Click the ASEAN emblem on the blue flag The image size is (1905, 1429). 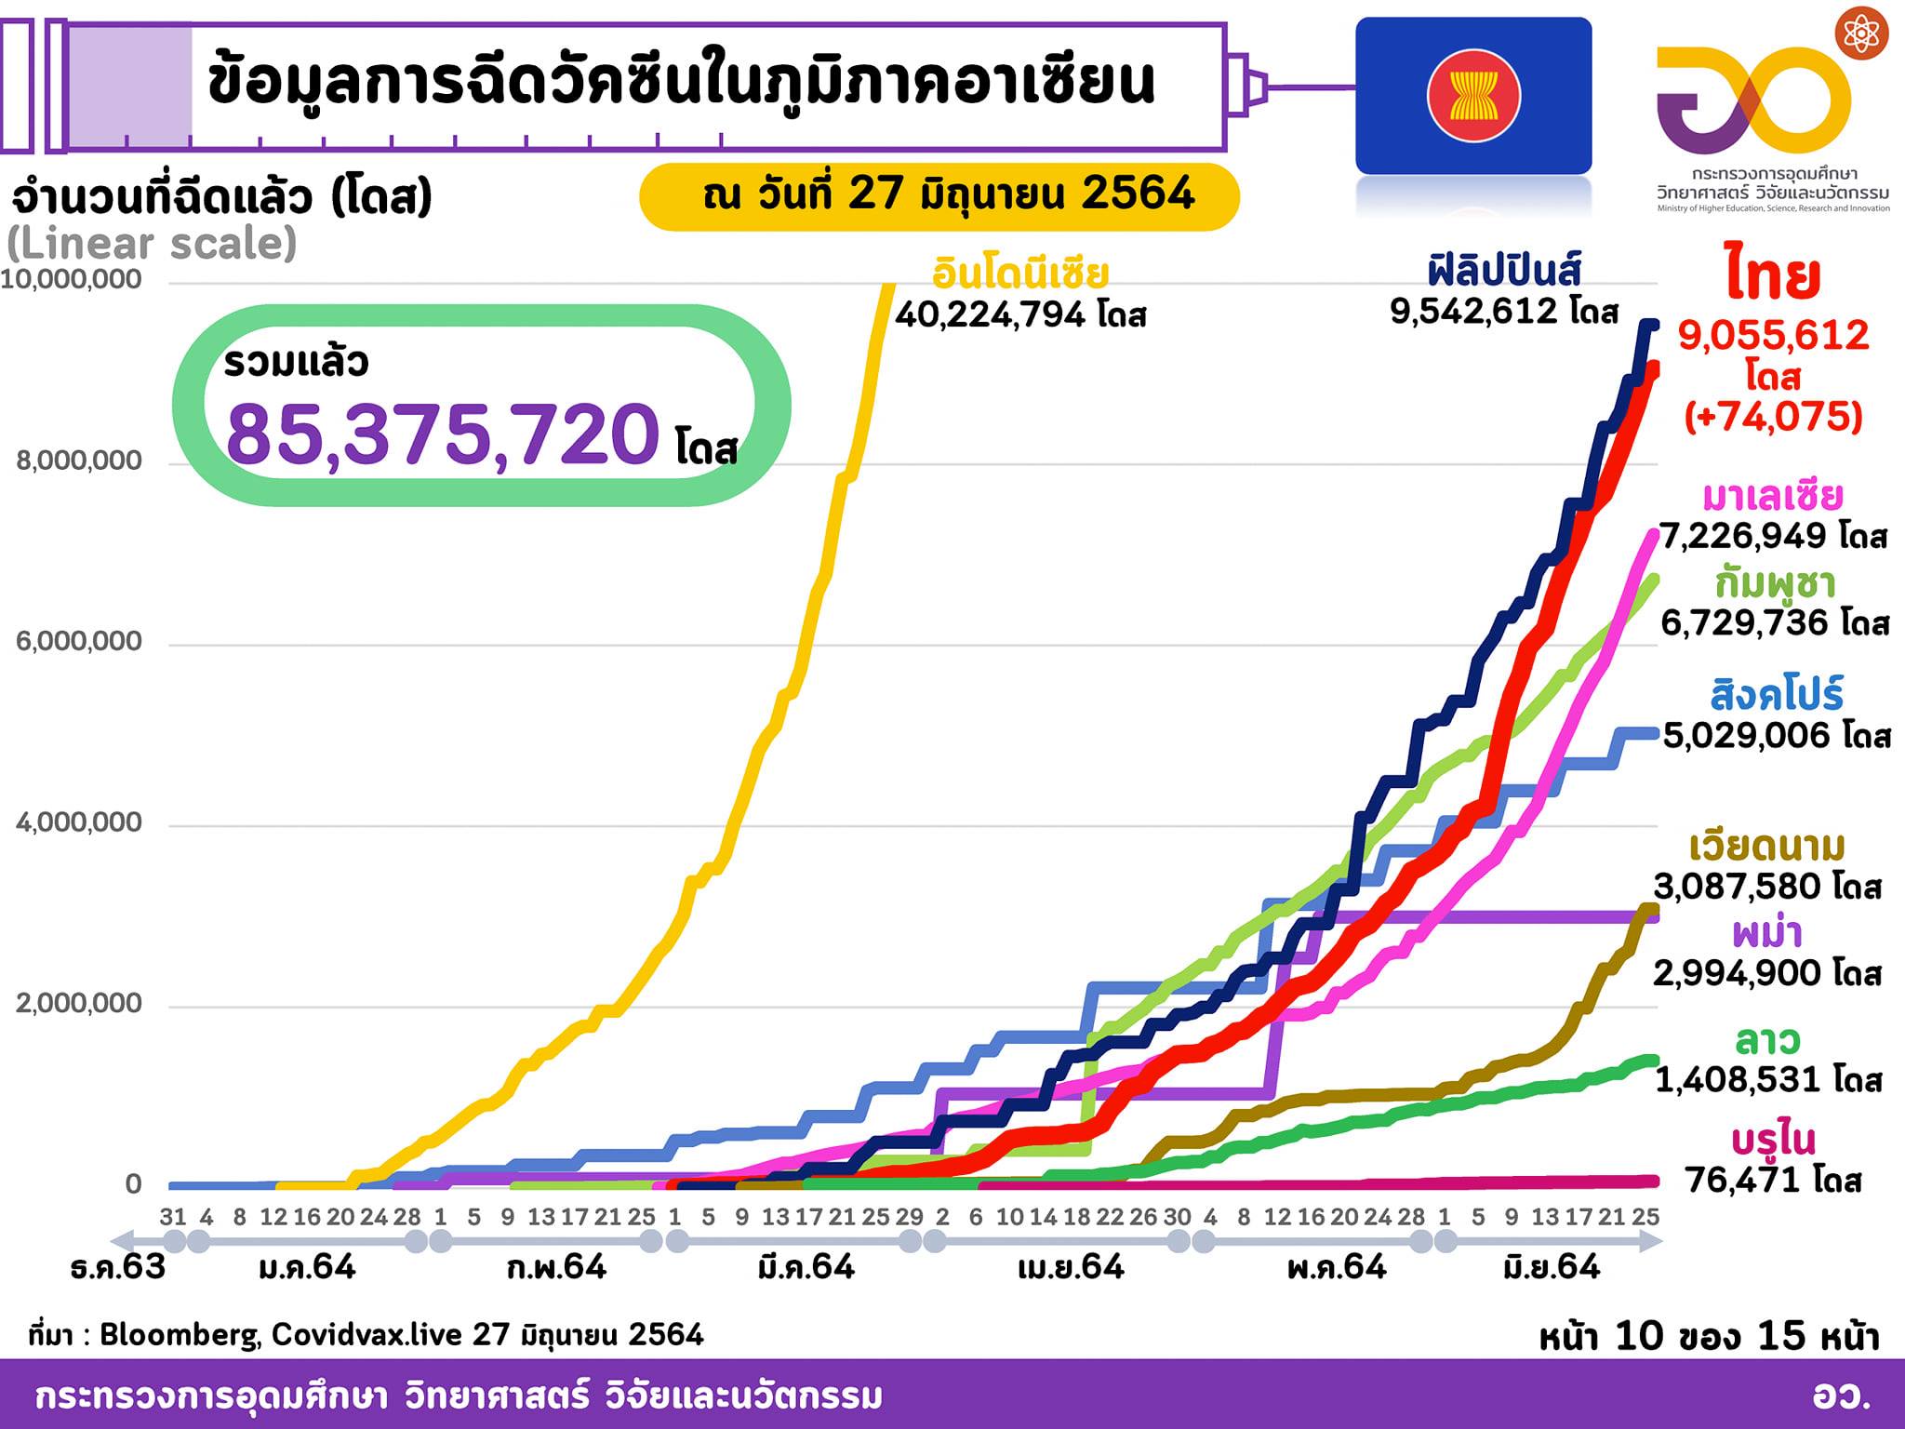tap(1473, 96)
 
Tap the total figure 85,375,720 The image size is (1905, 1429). tap(443, 434)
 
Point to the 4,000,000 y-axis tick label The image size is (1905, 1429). tap(79, 822)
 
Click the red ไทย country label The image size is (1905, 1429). tap(1772, 275)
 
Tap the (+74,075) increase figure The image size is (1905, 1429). tap(1773, 416)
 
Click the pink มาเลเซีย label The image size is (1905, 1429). tap(1772, 497)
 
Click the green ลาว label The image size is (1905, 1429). tap(1767, 1039)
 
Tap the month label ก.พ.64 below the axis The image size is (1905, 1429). tap(556, 1267)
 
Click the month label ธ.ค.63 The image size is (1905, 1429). tap(118, 1267)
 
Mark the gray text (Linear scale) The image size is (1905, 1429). tap(152, 244)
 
